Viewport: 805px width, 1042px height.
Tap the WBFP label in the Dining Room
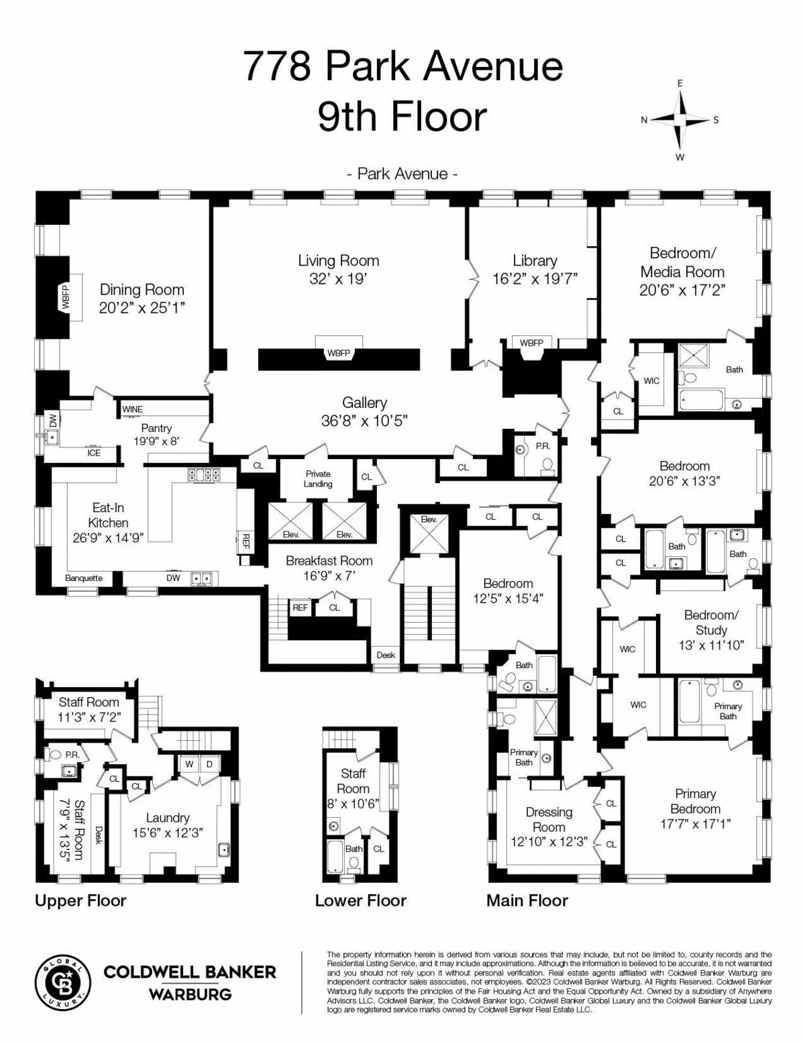(66, 296)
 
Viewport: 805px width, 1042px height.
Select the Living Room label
(338, 260)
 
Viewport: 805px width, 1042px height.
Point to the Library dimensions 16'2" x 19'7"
(535, 279)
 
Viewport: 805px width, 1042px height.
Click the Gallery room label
(364, 403)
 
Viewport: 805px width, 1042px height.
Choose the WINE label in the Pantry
(132, 409)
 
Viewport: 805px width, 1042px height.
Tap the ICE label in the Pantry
(94, 453)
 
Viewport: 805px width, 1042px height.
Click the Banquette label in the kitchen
(84, 578)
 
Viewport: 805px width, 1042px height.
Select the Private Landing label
(318, 479)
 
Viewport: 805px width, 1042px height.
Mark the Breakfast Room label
(329, 561)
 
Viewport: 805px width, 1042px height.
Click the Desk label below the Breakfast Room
(386, 655)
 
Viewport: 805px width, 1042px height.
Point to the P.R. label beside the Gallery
(542, 446)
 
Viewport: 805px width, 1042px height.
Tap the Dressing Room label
(549, 819)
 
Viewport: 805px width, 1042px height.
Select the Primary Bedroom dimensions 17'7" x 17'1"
(695, 824)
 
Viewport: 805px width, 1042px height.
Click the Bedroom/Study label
(710, 622)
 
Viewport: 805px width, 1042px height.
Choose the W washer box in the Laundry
(189, 764)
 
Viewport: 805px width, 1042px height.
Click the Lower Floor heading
(360, 900)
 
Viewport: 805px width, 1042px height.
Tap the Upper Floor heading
(80, 900)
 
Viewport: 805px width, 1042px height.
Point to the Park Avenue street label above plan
(402, 174)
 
